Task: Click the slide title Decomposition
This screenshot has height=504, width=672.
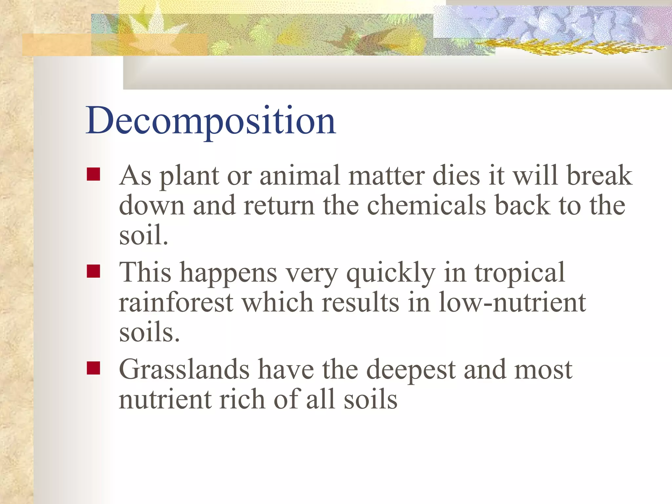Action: click(x=211, y=121)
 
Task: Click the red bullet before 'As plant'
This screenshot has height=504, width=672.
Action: click(x=94, y=174)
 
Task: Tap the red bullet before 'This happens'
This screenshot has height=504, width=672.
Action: click(x=94, y=271)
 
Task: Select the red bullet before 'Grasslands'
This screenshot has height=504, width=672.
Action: click(x=94, y=368)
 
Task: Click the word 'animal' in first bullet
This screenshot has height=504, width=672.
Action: click(x=300, y=176)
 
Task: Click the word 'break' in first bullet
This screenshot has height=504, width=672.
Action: click(x=599, y=176)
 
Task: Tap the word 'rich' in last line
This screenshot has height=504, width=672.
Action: click(x=242, y=399)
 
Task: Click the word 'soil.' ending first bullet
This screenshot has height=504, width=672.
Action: click(x=143, y=235)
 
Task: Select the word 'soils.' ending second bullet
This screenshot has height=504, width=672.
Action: click(x=149, y=332)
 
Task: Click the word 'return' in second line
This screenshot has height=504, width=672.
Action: click(x=279, y=205)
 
